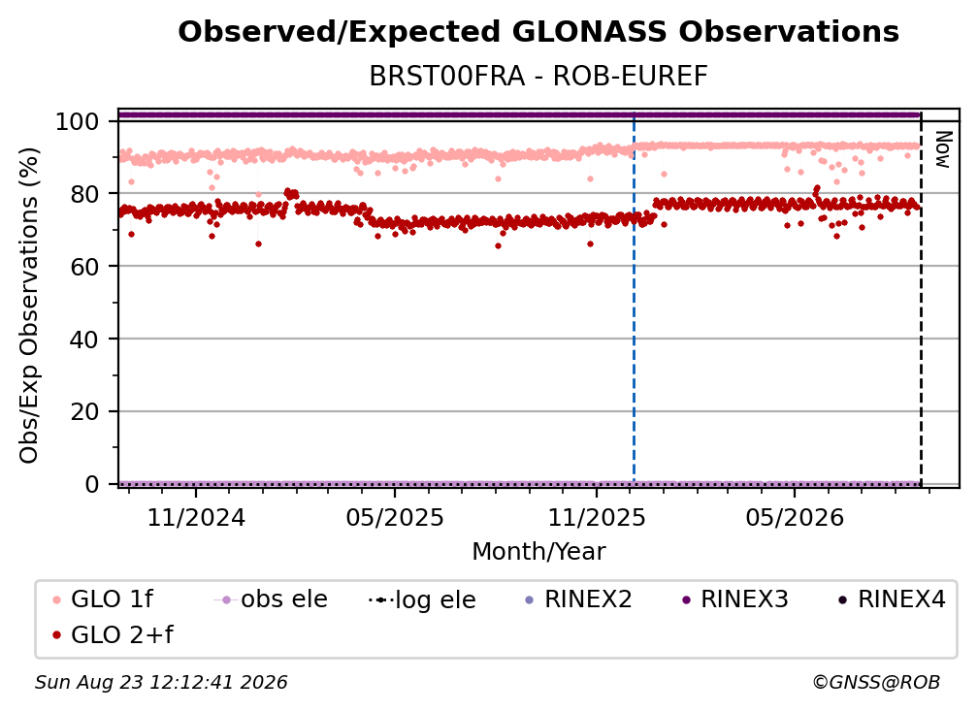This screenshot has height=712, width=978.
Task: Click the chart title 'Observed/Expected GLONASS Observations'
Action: tap(538, 32)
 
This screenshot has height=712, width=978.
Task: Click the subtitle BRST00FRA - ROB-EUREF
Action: tap(538, 77)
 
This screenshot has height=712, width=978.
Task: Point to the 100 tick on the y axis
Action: tap(77, 121)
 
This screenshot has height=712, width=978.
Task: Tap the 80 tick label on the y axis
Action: tap(84, 194)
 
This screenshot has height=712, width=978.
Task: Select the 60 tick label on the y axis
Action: tap(84, 267)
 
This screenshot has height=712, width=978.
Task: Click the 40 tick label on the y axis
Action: tap(84, 340)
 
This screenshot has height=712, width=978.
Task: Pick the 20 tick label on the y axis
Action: tap(84, 412)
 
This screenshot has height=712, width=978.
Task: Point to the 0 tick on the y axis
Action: tap(91, 484)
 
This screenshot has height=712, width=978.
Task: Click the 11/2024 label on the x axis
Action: tap(196, 517)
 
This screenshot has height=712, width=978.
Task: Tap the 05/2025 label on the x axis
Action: tap(395, 517)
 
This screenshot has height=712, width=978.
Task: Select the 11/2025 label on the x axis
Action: tap(597, 517)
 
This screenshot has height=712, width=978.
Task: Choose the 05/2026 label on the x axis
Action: tap(795, 517)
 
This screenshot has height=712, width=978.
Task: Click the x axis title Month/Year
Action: tap(538, 552)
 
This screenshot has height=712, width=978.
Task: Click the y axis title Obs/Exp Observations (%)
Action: tap(29, 306)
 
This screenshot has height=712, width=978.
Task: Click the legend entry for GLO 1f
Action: tap(103, 599)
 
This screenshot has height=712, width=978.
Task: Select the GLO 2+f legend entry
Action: tap(113, 635)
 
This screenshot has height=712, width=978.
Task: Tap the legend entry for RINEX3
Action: tap(735, 599)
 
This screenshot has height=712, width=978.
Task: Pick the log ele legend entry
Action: tap(422, 599)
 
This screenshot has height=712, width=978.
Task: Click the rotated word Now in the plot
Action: tap(942, 149)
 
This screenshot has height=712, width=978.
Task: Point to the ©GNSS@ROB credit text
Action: tap(876, 682)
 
